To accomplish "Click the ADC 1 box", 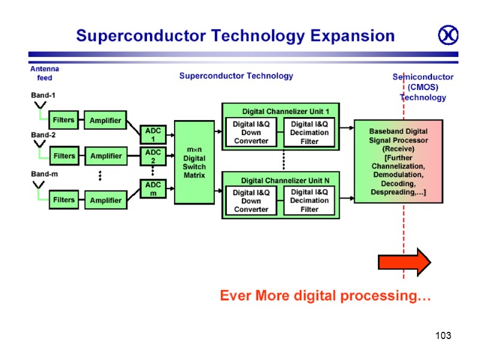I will pos(153,134).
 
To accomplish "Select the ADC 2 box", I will pos(153,157).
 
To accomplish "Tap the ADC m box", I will pos(152,189).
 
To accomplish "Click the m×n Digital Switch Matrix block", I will pos(194,162).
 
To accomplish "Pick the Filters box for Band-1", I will pos(64,120).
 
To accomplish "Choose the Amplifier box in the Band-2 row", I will pos(106,156).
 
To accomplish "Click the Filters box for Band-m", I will pos(64,200).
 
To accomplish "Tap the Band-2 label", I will pos(44,135).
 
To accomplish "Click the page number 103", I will pos(443,335).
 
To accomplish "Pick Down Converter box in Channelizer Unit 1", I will pos(251,133).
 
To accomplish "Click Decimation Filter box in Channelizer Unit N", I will pos(309,201).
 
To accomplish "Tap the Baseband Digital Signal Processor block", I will pos(398,161).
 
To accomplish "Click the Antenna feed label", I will pos(44,73).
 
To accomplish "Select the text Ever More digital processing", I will pos(325,296).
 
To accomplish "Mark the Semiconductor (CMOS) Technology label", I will pos(423,87).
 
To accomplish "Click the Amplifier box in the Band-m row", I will pos(106,200).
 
